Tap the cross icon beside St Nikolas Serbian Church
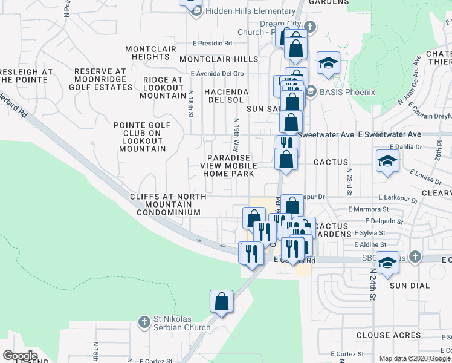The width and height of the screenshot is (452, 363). (144, 321)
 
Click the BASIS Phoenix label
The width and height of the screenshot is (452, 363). (348, 92)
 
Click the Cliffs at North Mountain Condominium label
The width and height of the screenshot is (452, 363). (168, 204)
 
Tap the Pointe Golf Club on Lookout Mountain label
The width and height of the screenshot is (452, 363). (140, 137)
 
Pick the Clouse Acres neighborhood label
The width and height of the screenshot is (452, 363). (389, 335)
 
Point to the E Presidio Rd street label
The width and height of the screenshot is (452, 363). (212, 44)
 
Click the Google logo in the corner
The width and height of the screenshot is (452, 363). (20, 356)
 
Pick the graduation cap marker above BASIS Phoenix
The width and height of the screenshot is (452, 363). (328, 63)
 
